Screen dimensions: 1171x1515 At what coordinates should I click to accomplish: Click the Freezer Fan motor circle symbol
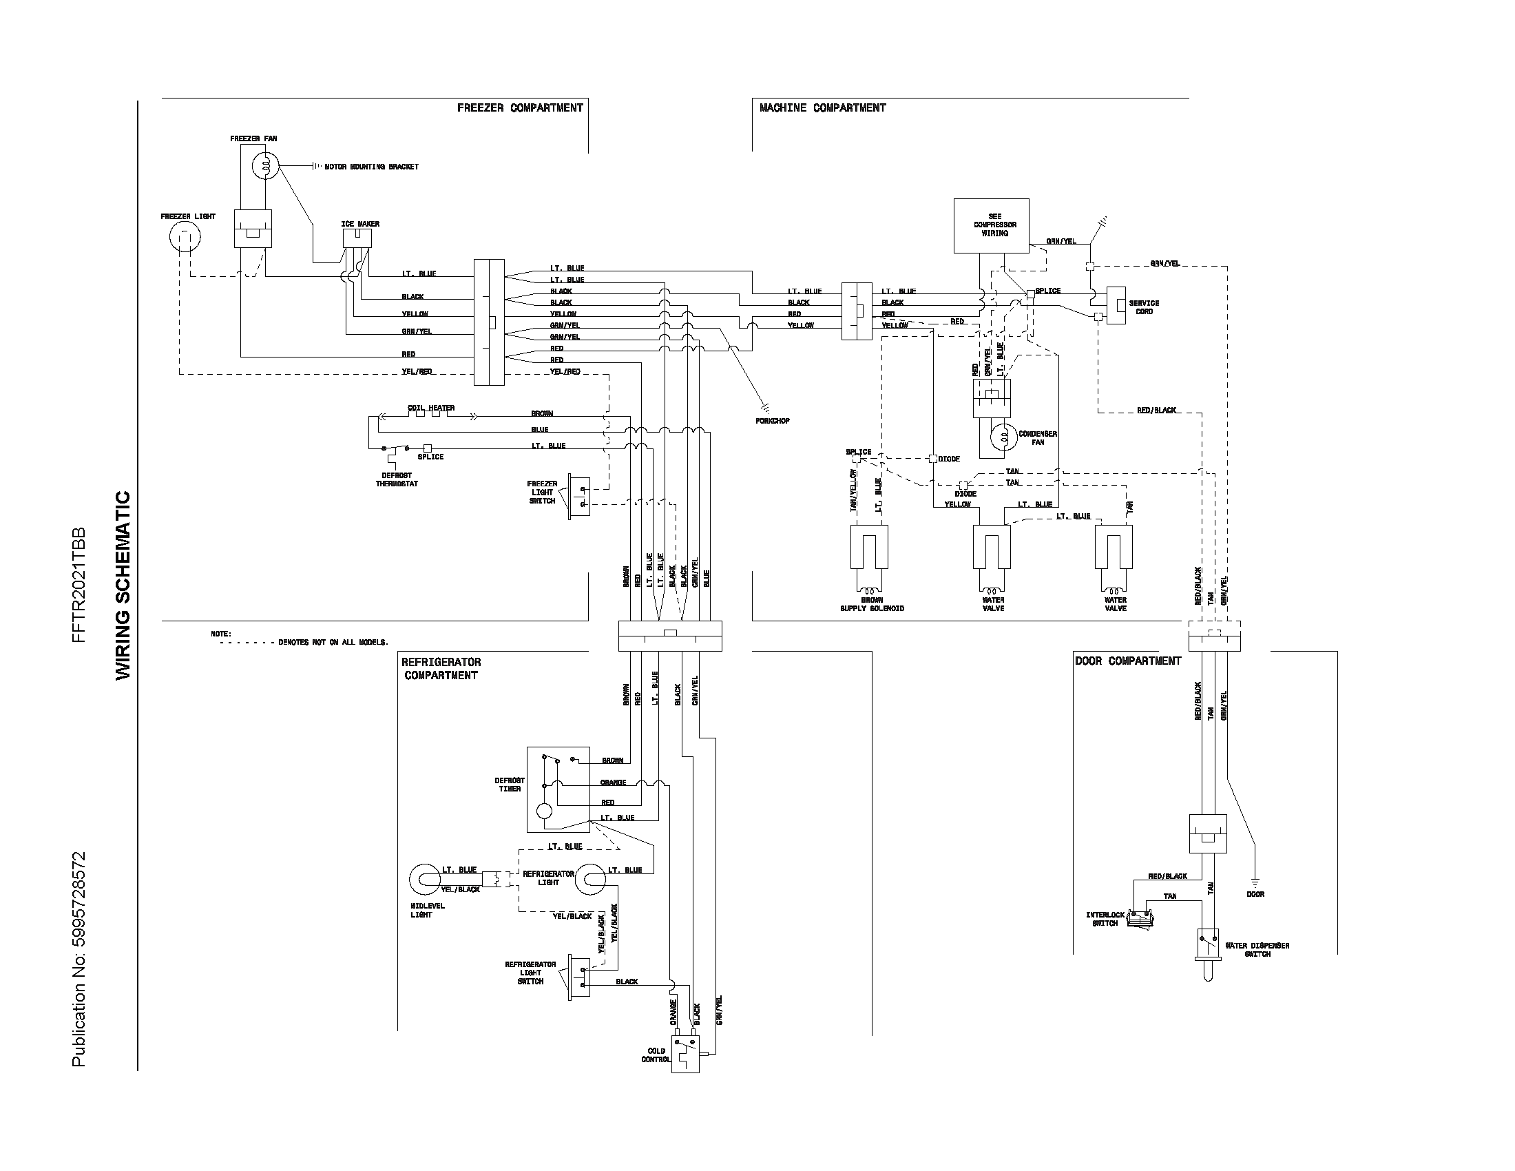264,167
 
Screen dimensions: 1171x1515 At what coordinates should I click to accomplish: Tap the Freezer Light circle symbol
185,238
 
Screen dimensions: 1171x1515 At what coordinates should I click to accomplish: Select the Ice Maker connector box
357,238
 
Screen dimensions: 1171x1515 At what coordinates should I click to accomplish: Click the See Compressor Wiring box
991,225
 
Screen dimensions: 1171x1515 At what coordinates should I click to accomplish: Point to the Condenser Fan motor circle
1003,437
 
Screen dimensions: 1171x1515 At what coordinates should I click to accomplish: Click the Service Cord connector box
1116,305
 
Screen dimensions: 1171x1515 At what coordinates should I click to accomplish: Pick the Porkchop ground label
773,421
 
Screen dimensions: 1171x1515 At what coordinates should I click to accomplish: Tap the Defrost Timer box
558,789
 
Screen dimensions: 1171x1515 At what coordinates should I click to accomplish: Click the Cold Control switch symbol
685,1055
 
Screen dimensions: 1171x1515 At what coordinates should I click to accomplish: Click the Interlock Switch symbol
1138,918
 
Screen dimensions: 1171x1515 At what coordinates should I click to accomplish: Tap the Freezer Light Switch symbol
578,497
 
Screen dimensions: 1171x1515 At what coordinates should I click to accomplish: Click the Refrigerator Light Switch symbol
578,976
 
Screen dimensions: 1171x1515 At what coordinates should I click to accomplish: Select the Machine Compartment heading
822,107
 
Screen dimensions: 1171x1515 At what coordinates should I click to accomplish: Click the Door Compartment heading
1127,661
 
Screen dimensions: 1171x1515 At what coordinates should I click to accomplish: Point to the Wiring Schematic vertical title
123,585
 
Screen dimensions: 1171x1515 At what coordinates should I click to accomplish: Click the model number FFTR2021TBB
79,585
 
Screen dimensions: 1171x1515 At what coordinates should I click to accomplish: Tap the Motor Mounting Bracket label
371,167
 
